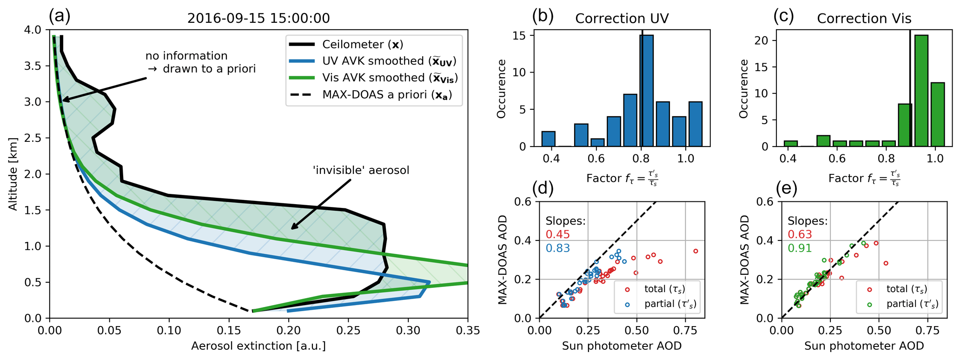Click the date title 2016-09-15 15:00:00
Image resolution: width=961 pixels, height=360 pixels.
click(258, 19)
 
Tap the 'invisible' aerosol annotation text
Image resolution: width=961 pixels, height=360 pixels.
click(361, 170)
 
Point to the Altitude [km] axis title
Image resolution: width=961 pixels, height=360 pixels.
click(13, 173)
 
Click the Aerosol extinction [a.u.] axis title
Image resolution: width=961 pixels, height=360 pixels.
click(258, 346)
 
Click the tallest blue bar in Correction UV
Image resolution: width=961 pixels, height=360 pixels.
click(646, 91)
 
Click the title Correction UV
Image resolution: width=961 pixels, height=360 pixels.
click(622, 19)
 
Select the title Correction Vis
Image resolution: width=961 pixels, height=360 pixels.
click(864, 19)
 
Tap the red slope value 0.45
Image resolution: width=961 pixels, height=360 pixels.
click(557, 235)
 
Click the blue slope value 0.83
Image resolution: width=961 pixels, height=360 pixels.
click(557, 248)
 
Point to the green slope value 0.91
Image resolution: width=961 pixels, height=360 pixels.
click(800, 248)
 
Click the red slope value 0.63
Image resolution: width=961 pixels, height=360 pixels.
click(800, 235)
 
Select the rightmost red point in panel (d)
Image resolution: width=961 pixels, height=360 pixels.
click(696, 251)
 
